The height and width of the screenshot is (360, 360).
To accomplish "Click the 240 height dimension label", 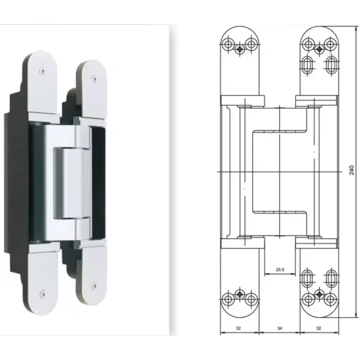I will [x=352, y=170].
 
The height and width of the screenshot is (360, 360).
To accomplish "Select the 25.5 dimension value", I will [x=280, y=270].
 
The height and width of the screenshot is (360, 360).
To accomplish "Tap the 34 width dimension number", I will [x=279, y=328].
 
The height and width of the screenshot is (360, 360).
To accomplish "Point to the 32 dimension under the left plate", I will [x=238, y=328].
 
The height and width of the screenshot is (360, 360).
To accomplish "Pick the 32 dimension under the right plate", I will [x=319, y=328].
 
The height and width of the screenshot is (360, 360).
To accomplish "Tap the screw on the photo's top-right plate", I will [x=94, y=79].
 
